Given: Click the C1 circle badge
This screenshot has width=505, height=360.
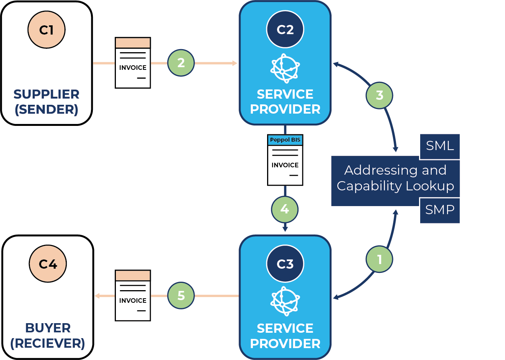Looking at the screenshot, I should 46,30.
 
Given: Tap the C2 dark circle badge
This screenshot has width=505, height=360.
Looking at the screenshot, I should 285,29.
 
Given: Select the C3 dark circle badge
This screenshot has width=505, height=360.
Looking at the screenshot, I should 285,264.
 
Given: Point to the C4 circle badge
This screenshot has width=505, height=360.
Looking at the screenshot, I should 48,264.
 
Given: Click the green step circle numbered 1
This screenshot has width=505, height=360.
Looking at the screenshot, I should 379,259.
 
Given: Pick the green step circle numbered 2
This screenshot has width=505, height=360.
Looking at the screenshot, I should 181,63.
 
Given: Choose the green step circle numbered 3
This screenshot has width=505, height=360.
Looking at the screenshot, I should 379,95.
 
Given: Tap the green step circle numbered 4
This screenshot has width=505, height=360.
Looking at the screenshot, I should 285,209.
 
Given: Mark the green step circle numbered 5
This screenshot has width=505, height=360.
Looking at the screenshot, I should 181,296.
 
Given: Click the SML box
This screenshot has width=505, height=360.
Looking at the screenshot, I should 440,146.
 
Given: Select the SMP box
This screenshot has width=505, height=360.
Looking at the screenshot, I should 440,210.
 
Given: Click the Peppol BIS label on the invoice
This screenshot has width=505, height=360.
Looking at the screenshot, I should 285,140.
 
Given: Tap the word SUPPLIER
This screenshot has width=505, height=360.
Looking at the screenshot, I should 46,94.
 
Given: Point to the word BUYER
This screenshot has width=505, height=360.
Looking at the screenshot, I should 48,328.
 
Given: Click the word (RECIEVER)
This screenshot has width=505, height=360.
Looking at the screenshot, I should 48,343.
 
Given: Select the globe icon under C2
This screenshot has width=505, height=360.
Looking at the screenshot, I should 285,69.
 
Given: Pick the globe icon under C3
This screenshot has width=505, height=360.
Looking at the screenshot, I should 285,301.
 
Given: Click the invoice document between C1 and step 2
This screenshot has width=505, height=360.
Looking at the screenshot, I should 133,63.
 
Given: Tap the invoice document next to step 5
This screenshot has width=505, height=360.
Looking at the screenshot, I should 133,296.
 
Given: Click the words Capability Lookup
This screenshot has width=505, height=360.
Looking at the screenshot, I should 395,186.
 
